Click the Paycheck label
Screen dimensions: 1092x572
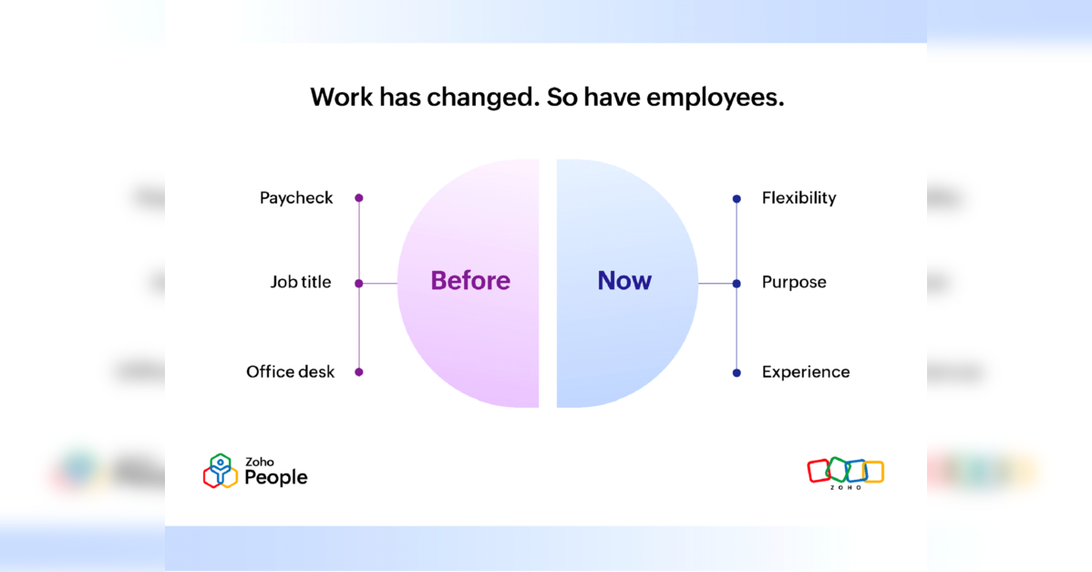tap(296, 199)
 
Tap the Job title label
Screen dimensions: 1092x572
tap(301, 282)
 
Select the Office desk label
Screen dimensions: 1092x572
tap(291, 372)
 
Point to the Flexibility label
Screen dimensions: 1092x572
tap(798, 199)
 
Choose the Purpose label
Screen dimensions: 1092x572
tap(794, 283)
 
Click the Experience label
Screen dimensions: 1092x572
tap(806, 373)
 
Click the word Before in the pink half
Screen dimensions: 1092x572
tap(470, 280)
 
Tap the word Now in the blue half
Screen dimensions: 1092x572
tap(624, 280)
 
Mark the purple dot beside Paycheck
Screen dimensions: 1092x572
tap(358, 198)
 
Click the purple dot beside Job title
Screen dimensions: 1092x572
tap(358, 284)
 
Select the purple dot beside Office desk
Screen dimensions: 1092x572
tap(358, 372)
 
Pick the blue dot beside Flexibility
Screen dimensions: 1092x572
tap(737, 199)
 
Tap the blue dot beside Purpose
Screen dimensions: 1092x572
tap(737, 284)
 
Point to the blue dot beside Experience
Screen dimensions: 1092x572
tap(737, 373)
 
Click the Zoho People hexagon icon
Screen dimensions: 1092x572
tap(220, 471)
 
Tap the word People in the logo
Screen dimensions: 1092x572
tap(276, 477)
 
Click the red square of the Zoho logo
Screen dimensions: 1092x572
tap(819, 471)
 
